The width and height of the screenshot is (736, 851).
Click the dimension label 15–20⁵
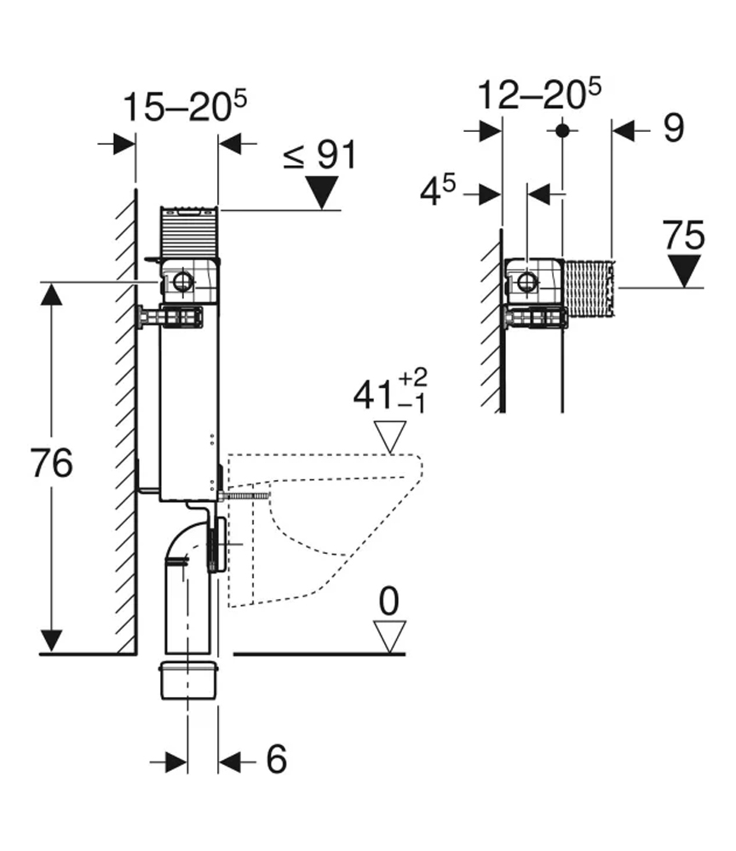click(185, 108)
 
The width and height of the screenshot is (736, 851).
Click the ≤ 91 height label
click(319, 156)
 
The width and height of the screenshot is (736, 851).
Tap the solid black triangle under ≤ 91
click(322, 192)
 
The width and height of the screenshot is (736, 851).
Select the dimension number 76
click(50, 464)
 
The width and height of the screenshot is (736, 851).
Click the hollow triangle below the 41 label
click(392, 439)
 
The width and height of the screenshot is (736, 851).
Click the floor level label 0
click(389, 601)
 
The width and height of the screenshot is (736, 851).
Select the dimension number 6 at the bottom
click(276, 760)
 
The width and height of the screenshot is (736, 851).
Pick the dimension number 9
click(672, 129)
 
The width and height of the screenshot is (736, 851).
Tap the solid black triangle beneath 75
click(684, 271)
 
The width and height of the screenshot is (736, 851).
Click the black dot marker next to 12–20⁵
click(561, 130)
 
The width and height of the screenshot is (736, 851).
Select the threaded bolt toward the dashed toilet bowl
click(247, 494)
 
